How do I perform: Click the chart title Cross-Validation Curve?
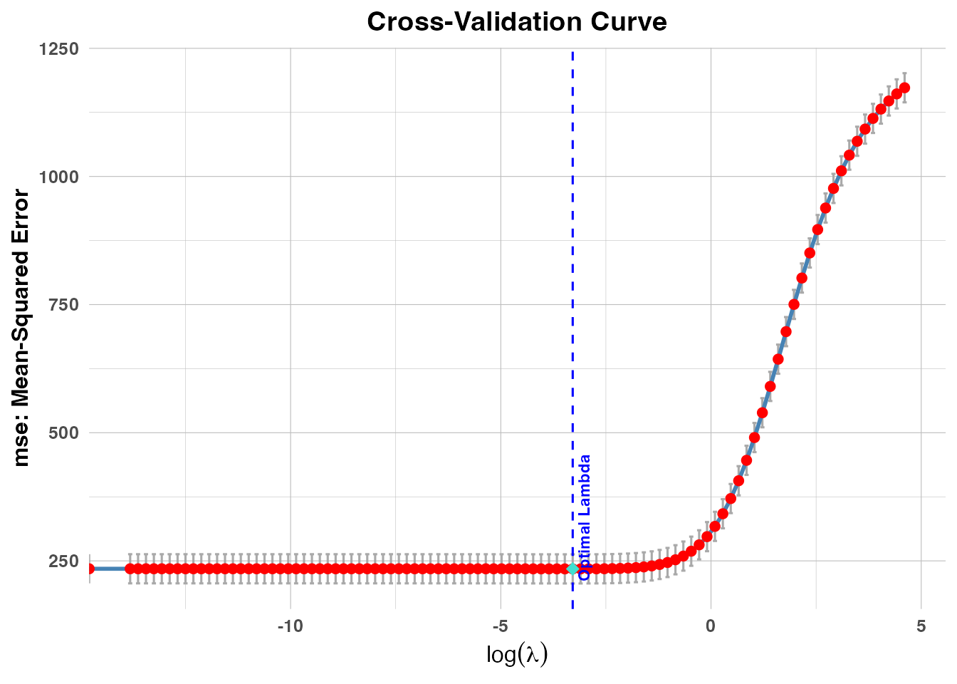pyautogui.click(x=516, y=22)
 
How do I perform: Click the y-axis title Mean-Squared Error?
pyautogui.click(x=21, y=328)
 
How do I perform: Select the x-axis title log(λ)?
pyautogui.click(x=516, y=653)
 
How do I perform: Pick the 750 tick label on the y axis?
pyautogui.click(x=63, y=304)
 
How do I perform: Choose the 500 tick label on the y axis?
pyautogui.click(x=63, y=432)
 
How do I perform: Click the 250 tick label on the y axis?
pyautogui.click(x=63, y=561)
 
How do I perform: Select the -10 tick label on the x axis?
pyautogui.click(x=290, y=626)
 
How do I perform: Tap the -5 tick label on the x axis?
pyautogui.click(x=501, y=626)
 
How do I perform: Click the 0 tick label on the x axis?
pyautogui.click(x=711, y=626)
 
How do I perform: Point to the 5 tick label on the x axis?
pyautogui.click(x=921, y=626)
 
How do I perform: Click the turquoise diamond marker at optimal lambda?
pyautogui.click(x=572, y=569)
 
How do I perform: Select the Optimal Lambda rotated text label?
pyautogui.click(x=585, y=517)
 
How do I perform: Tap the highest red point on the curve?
pyautogui.click(x=904, y=88)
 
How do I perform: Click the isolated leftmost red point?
pyautogui.click(x=90, y=569)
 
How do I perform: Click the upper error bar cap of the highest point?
pyautogui.click(x=904, y=73)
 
